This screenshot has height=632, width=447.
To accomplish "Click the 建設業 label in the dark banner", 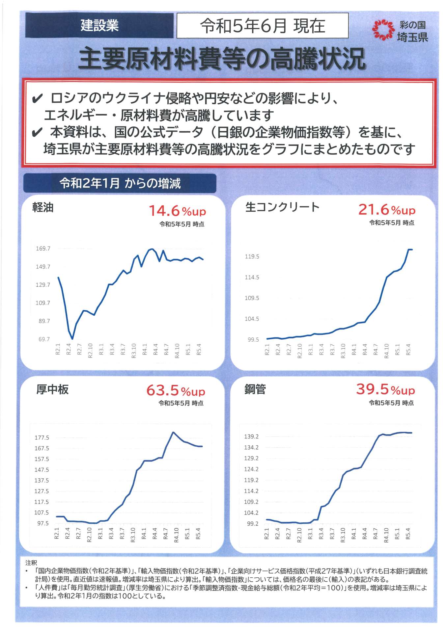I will click(99, 26).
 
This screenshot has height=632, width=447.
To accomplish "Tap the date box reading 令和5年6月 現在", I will click(262, 26).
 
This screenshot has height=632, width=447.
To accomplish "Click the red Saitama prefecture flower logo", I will click(383, 30).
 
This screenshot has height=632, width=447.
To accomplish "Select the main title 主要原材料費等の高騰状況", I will click(222, 59).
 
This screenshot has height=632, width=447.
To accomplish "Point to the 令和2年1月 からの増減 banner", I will click(120, 183).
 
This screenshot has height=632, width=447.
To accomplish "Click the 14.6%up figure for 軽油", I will click(177, 211).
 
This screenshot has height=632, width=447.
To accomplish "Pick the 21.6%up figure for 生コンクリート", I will click(387, 210).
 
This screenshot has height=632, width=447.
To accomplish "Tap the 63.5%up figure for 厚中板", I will click(176, 391).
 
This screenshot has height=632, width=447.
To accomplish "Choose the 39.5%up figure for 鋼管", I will click(385, 389).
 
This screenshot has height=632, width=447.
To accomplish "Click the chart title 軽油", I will click(43, 207).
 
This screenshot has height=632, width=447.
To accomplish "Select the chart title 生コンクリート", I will click(282, 207).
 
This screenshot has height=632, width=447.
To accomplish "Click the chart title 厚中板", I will click(52, 389).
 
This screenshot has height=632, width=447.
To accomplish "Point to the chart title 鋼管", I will click(255, 389).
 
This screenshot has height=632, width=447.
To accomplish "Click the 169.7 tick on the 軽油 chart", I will click(43, 249).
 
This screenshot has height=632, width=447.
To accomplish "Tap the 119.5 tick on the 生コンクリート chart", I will click(252, 256).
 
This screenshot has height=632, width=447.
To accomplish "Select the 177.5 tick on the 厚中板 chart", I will click(42, 437).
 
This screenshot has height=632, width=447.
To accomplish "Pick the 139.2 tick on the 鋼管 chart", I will click(251, 436).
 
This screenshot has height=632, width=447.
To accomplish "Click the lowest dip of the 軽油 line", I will click(72, 338).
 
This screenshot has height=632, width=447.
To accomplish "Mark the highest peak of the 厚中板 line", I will click(173, 432).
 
